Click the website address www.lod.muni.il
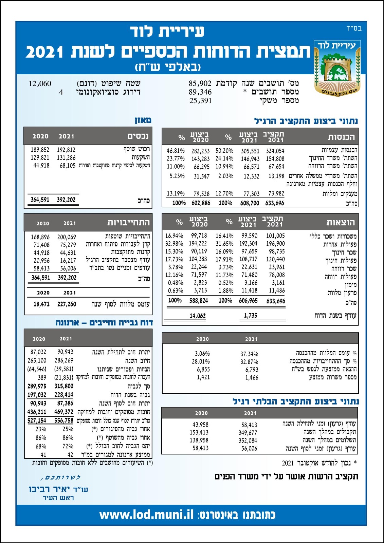pos(146,515)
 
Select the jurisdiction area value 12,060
pos(40,83)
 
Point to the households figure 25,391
pos(200,101)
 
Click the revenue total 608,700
pos(250,203)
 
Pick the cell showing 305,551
pos(250,151)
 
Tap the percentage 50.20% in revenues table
pos(224,151)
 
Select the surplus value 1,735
pos(251,316)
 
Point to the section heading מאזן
pos(143,120)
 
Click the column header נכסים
pos(138,136)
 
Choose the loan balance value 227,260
pos(67,304)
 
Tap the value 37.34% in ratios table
pos(249,354)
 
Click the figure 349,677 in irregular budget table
pos(249,433)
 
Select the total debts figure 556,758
pos(63,420)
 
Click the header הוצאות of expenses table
pos(341,223)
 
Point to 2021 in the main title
pos(44,52)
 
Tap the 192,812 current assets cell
pos(66,150)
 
